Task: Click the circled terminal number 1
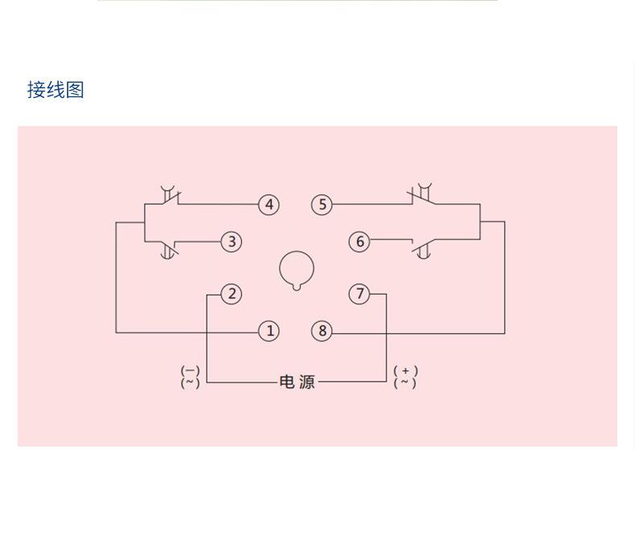tap(269, 331)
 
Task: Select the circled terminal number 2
tap(231, 294)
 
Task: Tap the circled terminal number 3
tap(231, 242)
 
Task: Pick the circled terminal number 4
tap(269, 205)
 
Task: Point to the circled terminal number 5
tap(322, 205)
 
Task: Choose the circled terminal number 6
tap(359, 242)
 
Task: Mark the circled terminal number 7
tap(359, 294)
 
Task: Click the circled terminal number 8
tap(322, 331)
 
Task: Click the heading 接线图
tap(55, 90)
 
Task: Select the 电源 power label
tap(297, 382)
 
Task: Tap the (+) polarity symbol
tap(406, 371)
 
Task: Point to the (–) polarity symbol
tap(190, 371)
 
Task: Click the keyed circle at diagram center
tap(297, 270)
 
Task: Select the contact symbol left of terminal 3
tap(169, 249)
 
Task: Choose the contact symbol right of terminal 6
tap(423, 249)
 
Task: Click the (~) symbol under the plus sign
tap(406, 383)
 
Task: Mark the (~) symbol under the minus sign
tap(190, 383)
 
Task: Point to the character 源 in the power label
tap(306, 382)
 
